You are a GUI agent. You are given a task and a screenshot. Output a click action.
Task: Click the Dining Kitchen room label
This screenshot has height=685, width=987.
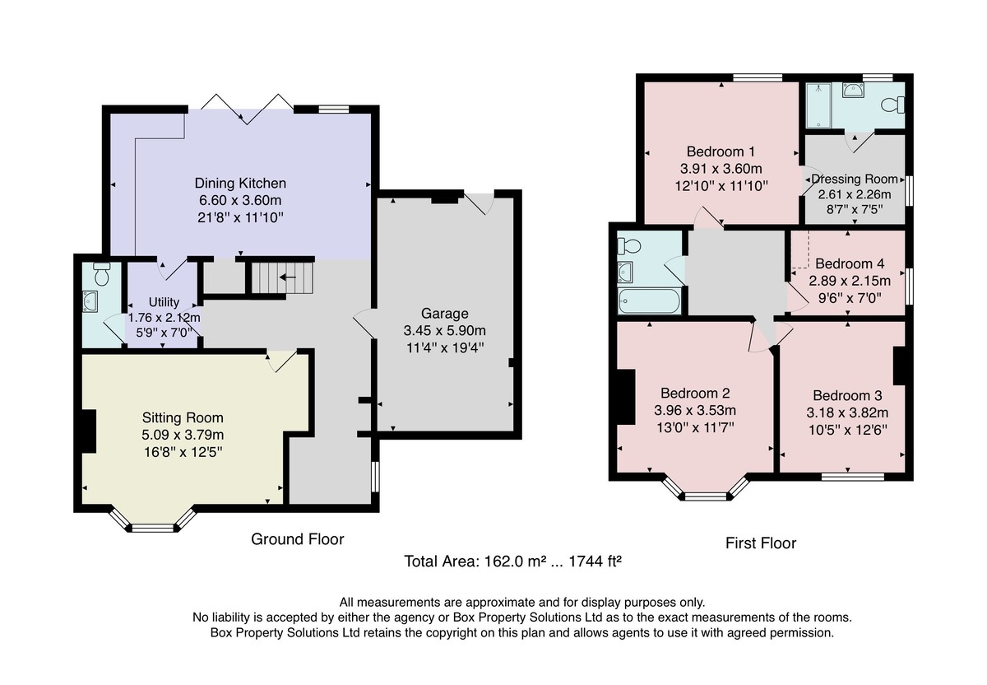coord(240,183)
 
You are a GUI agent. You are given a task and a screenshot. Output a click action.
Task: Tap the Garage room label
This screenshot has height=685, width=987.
coord(445,314)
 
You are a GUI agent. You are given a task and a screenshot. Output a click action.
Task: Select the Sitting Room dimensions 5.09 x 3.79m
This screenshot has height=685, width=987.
coord(183,435)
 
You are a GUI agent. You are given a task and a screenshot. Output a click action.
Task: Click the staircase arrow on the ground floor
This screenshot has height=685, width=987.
coord(288,277)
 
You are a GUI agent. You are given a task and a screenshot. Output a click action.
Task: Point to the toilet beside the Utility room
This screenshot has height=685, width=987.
coord(102,274)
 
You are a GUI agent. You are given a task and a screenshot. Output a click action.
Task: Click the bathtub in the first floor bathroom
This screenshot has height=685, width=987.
coord(649,301)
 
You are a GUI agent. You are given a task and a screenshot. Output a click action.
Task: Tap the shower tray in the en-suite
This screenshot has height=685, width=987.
coord(818,105)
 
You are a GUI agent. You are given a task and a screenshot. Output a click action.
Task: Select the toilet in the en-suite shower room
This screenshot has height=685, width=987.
coord(892,105)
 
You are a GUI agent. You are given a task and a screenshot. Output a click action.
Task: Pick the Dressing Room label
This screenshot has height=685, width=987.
coord(855,179)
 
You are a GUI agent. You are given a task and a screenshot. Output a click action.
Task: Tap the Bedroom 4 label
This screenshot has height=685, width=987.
coord(850,263)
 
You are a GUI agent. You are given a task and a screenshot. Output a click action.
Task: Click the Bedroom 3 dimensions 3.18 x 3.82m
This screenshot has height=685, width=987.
coord(847,412)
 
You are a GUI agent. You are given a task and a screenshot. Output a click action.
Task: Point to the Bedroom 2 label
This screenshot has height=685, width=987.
coord(695,393)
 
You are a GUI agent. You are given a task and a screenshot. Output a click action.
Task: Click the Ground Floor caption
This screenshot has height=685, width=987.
coord(298,539)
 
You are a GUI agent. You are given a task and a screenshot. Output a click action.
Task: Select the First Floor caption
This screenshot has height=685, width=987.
coord(761,543)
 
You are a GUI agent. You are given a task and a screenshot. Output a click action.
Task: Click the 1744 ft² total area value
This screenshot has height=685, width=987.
coord(595,561)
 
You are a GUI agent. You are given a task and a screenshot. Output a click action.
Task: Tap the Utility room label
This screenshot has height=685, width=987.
coord(164,302)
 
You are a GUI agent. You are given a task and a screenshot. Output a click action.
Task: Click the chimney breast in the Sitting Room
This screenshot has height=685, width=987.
coord(89,431)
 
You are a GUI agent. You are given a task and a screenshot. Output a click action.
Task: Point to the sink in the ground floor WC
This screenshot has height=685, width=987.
coord(90,301)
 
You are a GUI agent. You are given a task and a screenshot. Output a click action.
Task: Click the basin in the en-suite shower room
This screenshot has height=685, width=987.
coord(853,90)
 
